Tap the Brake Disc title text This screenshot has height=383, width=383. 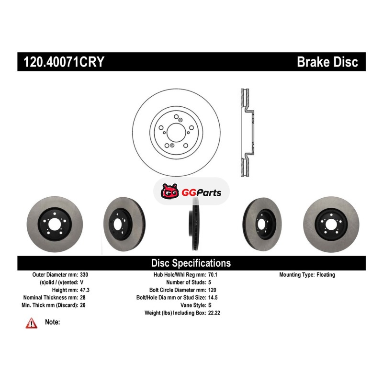click(x=327, y=62)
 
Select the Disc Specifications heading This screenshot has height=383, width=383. click(x=191, y=263)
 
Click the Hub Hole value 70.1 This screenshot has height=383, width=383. click(x=213, y=275)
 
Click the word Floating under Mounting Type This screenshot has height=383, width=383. click(x=326, y=275)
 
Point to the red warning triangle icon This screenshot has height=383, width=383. click(x=32, y=324)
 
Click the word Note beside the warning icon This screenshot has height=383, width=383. click(x=52, y=322)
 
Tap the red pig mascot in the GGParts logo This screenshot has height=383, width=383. click(x=169, y=192)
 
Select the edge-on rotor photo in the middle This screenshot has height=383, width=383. click(x=194, y=224)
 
